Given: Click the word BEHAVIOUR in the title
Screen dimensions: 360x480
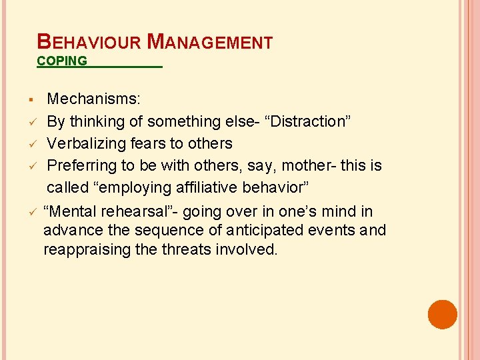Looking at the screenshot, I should coord(89,42).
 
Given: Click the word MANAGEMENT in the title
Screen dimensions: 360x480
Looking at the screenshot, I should coord(209,42).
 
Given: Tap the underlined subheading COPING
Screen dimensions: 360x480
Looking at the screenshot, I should coord(62,61).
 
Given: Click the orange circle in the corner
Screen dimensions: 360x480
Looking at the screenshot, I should coord(443,314).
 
